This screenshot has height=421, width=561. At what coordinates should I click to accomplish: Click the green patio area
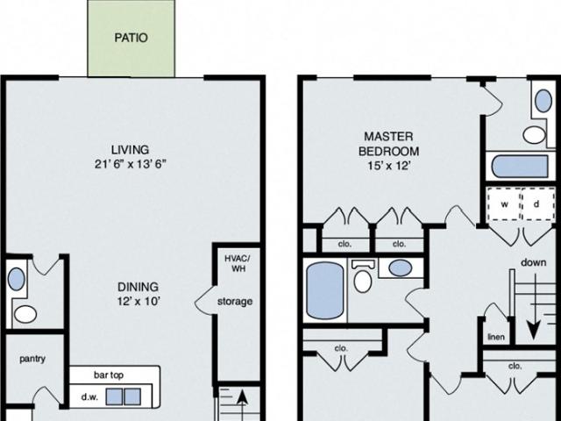131,39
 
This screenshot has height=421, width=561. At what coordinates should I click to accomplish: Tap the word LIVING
130,150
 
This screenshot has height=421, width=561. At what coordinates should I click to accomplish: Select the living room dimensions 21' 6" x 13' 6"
131,164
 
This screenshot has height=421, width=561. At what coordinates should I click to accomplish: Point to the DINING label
138,287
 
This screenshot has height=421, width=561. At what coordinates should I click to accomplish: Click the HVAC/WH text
238,263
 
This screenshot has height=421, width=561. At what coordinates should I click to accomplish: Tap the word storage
235,302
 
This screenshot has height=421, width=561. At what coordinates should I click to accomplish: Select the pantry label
32,359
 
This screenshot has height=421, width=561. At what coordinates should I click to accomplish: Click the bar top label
109,375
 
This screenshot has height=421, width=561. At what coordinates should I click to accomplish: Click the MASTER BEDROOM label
388,144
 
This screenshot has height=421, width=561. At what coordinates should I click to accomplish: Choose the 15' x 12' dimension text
388,166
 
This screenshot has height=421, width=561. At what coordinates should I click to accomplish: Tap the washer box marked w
504,204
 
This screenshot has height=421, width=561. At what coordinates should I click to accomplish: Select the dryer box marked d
537,204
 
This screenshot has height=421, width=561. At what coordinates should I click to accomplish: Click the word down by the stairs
534,262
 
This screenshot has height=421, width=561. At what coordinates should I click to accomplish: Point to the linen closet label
496,337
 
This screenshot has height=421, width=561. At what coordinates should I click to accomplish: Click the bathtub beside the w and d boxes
520,166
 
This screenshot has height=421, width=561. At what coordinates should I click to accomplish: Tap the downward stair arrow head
533,332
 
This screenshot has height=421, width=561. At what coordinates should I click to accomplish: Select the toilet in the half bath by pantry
25,314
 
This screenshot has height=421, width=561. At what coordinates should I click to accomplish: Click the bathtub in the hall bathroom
325,290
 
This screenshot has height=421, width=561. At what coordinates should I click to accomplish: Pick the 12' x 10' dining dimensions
138,302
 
